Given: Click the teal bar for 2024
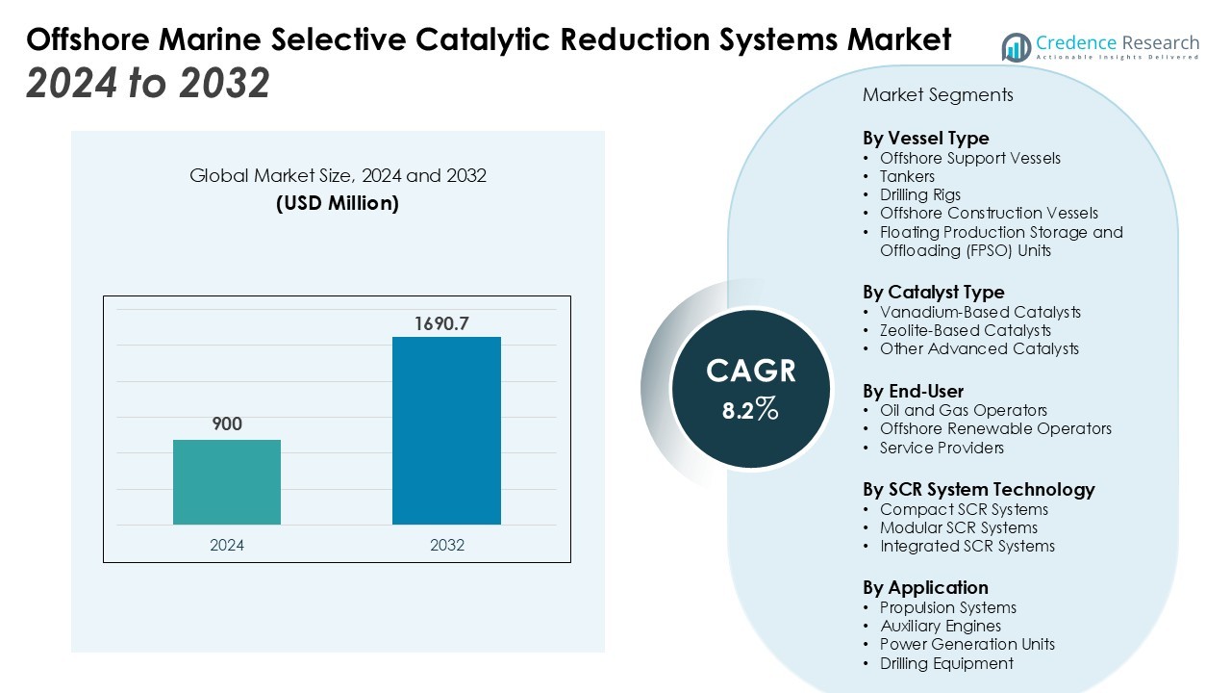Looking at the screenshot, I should [x=227, y=482].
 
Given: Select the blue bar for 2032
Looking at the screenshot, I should [x=446, y=430].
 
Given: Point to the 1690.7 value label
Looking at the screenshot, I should [x=441, y=323].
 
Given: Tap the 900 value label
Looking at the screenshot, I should [x=227, y=424].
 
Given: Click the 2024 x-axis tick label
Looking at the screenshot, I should [x=227, y=545].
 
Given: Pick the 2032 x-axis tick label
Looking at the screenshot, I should [x=446, y=545].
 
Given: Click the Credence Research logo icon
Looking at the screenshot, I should [x=1017, y=46].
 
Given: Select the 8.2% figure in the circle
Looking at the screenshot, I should [x=750, y=410].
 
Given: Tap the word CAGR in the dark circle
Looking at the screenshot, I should [x=751, y=372].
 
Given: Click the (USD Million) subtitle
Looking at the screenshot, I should [x=338, y=203].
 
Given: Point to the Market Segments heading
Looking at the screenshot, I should [x=938, y=94].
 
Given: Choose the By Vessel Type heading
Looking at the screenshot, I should [x=925, y=138].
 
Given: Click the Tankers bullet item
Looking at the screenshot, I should [x=907, y=176].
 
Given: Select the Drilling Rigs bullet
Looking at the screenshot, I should [x=919, y=194].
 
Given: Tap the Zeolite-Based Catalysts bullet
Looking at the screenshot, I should [x=966, y=330].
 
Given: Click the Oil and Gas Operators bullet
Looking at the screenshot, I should [x=963, y=410].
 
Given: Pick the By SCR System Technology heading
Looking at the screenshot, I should [x=978, y=489].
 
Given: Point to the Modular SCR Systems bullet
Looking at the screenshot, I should [x=958, y=527].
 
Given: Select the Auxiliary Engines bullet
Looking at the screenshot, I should [x=941, y=626].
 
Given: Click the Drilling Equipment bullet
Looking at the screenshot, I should [x=946, y=663].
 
